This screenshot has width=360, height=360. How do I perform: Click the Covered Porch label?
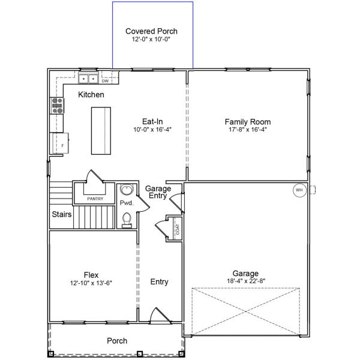[x=151, y=31]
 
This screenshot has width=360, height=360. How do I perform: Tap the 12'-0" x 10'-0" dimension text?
[x=151, y=39]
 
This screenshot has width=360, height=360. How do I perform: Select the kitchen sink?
[x=88, y=79]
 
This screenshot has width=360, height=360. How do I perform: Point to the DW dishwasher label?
[x=105, y=81]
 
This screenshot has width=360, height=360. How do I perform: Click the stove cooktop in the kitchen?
[x=57, y=106]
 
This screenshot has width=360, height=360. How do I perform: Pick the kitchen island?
[x=101, y=131]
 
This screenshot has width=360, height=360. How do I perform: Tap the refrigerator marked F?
[x=61, y=143]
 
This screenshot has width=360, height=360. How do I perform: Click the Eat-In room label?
[x=152, y=121]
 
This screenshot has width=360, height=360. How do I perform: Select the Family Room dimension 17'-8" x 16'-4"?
[x=247, y=130]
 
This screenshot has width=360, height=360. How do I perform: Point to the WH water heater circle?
[x=299, y=190]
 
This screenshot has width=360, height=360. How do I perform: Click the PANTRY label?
[x=95, y=199]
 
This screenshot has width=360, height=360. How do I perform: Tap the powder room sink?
[x=127, y=190]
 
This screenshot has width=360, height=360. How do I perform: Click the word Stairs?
[x=62, y=214]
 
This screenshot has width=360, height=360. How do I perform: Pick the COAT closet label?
[x=178, y=229]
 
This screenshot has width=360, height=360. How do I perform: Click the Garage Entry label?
[x=158, y=192]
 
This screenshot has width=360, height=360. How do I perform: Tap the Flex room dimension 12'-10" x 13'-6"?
[x=91, y=283]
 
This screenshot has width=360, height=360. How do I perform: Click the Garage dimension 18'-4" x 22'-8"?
[x=246, y=281]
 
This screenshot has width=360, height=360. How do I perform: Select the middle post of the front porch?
[x=139, y=353]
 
